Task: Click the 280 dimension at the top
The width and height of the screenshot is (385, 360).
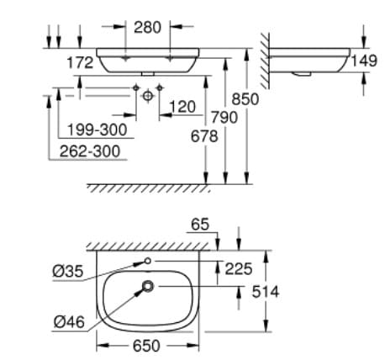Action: pos(148,27)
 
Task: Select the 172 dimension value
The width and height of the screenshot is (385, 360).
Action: pos(80,63)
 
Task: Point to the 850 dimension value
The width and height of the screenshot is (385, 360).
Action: pos(246,98)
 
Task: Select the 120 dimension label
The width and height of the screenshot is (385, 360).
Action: pos(182,107)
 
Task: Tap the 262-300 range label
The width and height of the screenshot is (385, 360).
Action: pos(90,151)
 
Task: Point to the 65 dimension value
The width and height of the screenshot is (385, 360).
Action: pos(199,225)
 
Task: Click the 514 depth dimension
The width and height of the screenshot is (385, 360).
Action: pos(266,291)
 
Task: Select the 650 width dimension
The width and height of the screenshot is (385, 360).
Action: pos(147,344)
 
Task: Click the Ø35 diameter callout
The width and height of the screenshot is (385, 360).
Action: pos(66,271)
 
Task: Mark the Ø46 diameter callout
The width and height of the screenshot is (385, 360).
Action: pos(66,320)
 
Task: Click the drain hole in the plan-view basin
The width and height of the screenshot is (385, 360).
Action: pos(148,288)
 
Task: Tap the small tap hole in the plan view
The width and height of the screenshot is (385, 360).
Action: pos(147,262)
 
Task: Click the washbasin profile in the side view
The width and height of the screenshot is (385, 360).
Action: pos(311,60)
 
